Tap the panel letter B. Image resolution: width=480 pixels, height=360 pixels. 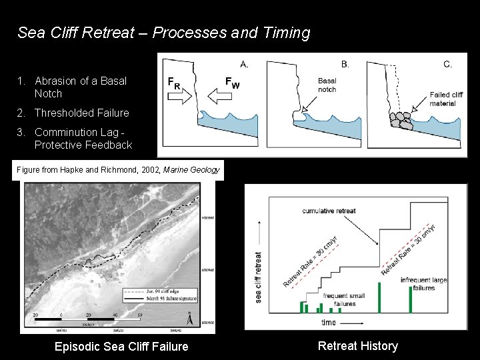coord(345,65)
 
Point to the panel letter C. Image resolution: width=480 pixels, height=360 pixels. coord(447,65)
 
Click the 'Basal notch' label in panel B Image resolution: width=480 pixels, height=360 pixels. coord(327,85)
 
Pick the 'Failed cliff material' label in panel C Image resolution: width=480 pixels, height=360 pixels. coord(446,99)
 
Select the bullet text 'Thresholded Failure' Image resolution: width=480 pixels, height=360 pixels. coord(81,113)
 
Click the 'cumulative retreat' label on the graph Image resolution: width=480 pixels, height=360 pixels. coord(329,211)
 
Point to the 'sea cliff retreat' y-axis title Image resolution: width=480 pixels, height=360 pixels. coord(259,277)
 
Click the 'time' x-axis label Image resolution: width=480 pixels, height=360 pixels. coord(329,322)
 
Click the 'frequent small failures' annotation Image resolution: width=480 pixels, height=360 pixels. coord(344,299)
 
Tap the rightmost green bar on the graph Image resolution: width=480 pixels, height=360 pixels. coord(410,299)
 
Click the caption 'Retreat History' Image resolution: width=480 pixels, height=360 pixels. coord(357,345)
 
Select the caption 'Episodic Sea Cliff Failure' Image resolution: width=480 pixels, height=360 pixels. coord(121,346)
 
